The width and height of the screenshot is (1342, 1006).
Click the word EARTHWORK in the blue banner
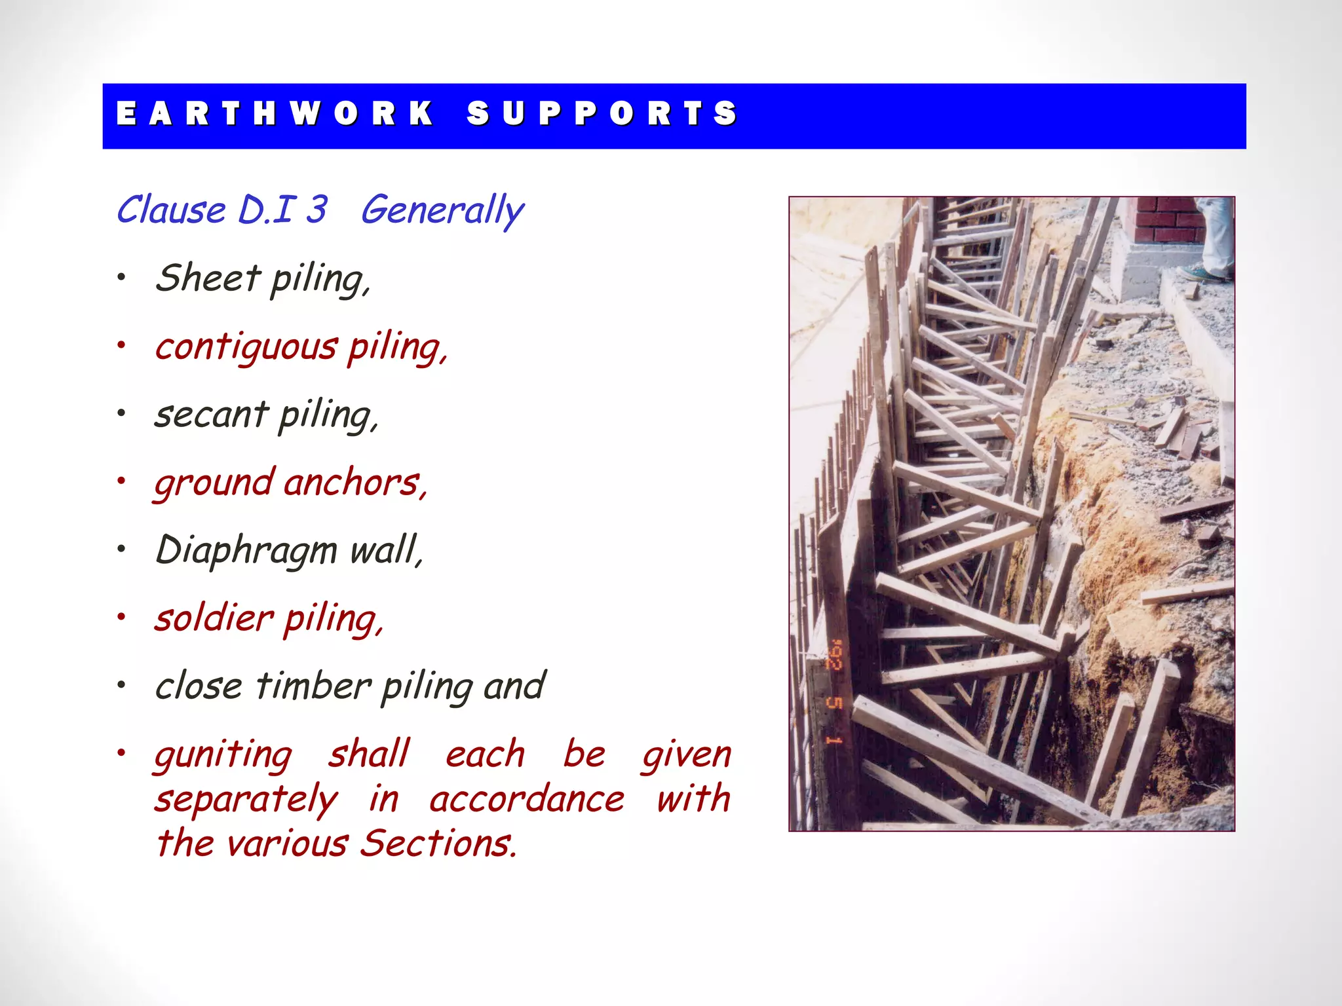click(275, 113)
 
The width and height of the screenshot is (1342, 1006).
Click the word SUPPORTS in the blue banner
click(602, 113)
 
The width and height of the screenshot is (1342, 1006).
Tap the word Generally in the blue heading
click(442, 211)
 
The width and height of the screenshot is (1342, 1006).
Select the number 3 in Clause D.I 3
click(316, 210)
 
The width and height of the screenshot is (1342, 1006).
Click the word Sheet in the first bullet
click(208, 278)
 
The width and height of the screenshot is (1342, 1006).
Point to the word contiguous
click(246, 347)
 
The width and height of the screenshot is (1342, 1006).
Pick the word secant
click(211, 415)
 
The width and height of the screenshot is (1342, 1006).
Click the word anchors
click(355, 483)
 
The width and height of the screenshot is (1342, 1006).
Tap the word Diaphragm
click(246, 551)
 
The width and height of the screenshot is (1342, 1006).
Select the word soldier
click(214, 618)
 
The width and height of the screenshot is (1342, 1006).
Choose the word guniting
click(223, 754)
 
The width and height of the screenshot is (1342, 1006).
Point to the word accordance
click(527, 799)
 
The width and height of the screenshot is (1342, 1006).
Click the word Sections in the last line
click(438, 843)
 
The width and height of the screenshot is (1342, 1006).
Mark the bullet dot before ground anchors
click(121, 481)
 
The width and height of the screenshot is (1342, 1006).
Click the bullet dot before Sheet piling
click(121, 278)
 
